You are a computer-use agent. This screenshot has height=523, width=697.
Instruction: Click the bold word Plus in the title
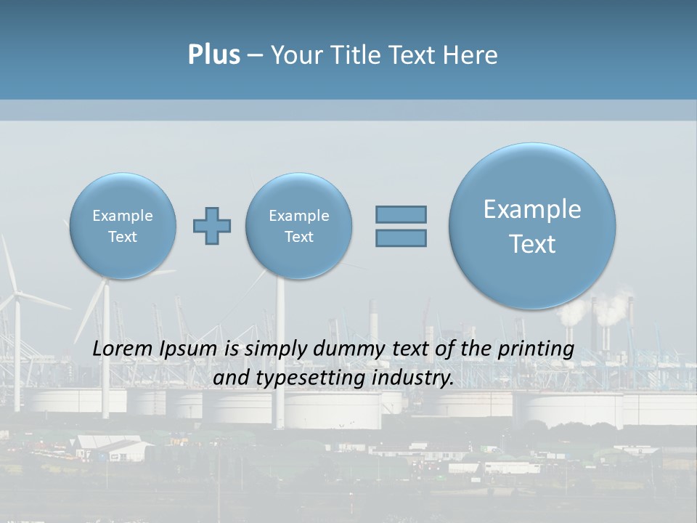[213, 55]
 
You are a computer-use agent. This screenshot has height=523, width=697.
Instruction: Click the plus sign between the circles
[212, 226]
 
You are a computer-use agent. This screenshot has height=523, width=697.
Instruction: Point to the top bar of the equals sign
[401, 214]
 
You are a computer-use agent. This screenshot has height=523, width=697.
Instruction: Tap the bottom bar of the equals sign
[401, 238]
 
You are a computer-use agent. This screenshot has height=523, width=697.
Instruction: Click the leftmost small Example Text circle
[123, 226]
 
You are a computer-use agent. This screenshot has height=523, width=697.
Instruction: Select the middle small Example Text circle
[299, 226]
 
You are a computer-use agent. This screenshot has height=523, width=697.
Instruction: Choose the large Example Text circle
[532, 226]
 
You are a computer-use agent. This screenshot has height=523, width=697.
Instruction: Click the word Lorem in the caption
[121, 349]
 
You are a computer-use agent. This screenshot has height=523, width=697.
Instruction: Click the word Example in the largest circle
[532, 209]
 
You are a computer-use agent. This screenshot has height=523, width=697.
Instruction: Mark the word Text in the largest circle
[532, 244]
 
